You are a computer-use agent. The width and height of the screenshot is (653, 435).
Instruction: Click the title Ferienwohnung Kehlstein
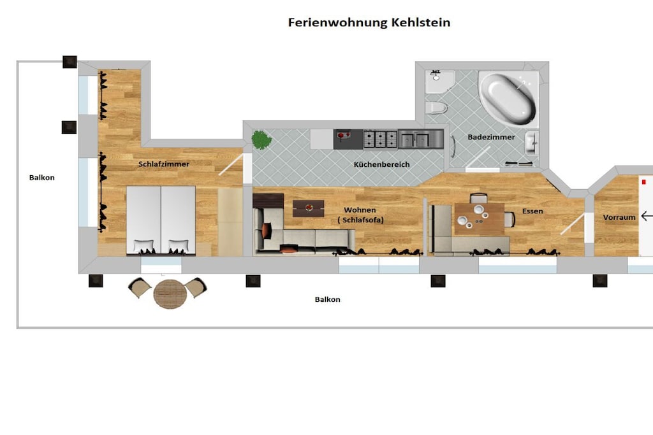[x=369, y=22]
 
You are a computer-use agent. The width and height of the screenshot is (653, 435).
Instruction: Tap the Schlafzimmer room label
[x=164, y=164]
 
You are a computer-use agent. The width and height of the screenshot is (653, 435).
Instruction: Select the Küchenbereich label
[x=381, y=164]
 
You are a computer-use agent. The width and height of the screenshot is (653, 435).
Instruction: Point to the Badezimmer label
[x=491, y=137]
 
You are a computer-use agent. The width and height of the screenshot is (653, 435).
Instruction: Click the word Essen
[x=532, y=211]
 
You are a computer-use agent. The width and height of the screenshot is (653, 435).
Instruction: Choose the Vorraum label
[x=619, y=217]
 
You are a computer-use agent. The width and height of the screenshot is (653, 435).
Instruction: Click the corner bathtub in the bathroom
[x=508, y=98]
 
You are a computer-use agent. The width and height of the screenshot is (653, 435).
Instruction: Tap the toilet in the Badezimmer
[x=436, y=108]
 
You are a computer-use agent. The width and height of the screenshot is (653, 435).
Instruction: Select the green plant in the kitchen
[x=261, y=139]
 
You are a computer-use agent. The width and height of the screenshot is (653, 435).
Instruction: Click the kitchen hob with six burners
[x=380, y=139]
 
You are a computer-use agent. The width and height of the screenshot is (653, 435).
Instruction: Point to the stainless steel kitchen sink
[x=420, y=139]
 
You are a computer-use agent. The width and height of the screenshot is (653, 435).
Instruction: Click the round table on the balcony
[x=170, y=294]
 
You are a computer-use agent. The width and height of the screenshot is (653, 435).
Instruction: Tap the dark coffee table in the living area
[x=308, y=208]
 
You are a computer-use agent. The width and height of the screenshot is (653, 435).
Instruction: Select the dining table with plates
[x=479, y=219]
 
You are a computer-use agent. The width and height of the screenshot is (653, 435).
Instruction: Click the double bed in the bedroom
[x=161, y=220]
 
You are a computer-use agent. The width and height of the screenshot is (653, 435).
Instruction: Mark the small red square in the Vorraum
[x=643, y=182]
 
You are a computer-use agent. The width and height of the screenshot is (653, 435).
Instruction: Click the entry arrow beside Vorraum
[x=647, y=217]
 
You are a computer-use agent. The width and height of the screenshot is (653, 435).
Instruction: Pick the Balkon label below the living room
[x=327, y=299]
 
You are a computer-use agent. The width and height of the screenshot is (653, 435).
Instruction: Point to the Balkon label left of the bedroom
[x=41, y=178]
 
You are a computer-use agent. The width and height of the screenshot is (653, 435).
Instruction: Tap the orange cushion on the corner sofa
[x=266, y=230]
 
